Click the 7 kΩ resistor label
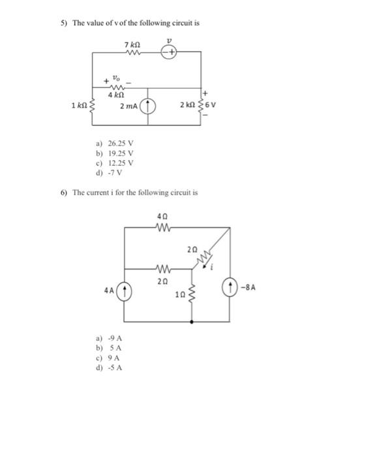coord(132,45)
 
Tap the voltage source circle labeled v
coord(169,52)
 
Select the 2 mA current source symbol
coord(148,106)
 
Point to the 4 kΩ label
coord(116,95)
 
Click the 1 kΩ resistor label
coord(79,105)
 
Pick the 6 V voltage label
coord(211,105)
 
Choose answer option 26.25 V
coord(121,144)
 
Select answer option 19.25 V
coord(121,153)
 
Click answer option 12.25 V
coord(121,163)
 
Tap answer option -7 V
coord(115,173)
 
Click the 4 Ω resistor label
coord(162,217)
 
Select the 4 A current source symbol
coord(125,291)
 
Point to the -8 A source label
coord(248,288)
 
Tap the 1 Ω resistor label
coord(180,294)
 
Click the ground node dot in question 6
coord(192,322)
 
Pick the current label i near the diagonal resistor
coord(212,267)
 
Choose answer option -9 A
coord(115,338)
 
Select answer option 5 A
coord(115,348)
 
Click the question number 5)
coord(64,23)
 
